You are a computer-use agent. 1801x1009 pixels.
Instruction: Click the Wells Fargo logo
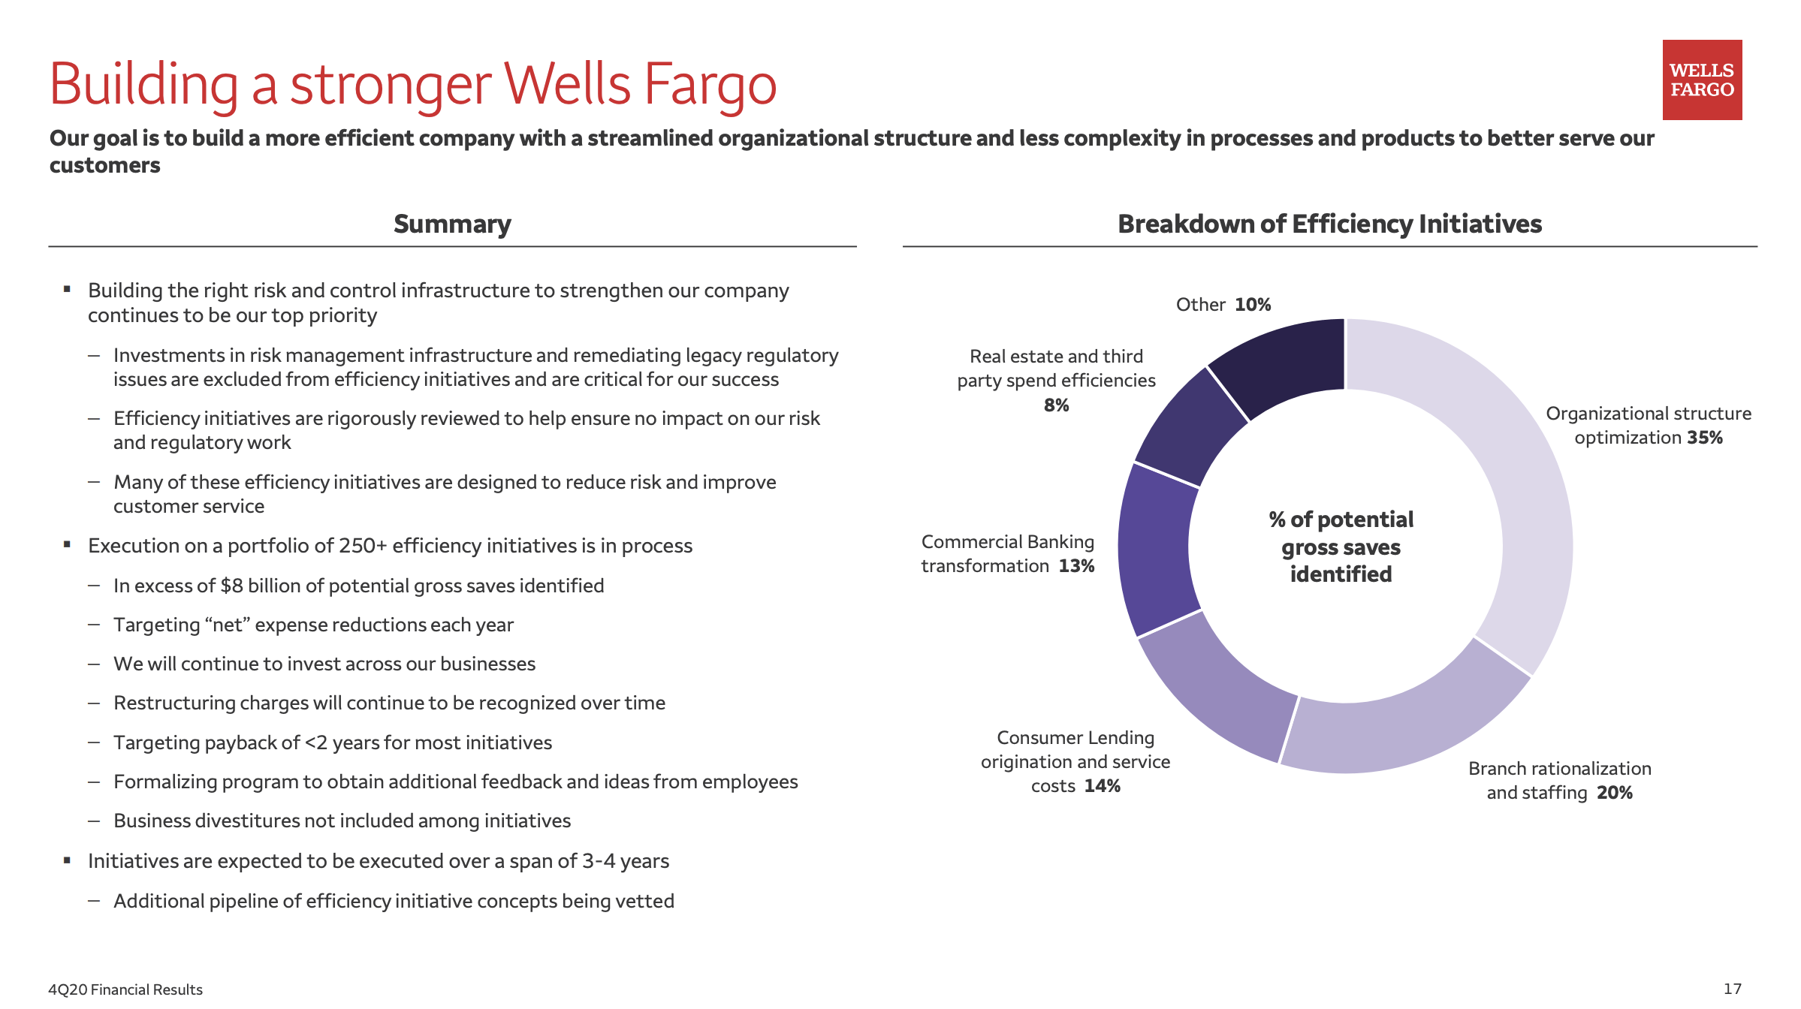point(1702,80)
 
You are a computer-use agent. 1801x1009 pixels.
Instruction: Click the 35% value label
point(1705,438)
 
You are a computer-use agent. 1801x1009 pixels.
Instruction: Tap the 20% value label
point(1615,793)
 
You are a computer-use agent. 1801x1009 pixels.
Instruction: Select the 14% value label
point(1103,786)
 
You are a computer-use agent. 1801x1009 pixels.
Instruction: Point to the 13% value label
point(1076,566)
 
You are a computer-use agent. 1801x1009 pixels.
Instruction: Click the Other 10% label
point(1223,305)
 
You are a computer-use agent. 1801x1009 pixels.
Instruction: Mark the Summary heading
point(452,224)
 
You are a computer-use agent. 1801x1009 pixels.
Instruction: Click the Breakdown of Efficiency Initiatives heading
point(1329,224)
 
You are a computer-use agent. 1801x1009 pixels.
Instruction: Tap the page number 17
point(1732,989)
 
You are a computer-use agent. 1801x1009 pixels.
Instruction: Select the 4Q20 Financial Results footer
point(125,989)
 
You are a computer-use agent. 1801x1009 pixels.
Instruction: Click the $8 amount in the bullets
point(231,586)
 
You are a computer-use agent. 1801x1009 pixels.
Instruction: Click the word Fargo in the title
point(710,84)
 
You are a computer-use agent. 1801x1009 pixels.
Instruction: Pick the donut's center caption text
point(1341,547)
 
